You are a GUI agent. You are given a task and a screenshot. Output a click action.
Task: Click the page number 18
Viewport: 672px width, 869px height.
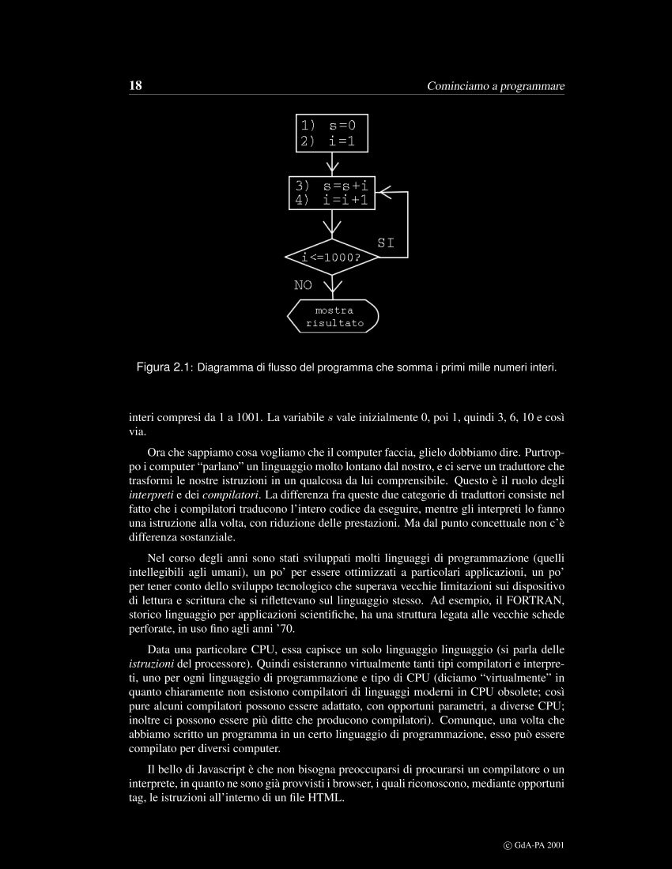coord(134,85)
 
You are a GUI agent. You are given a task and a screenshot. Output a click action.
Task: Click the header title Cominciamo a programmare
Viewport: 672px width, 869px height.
coord(496,85)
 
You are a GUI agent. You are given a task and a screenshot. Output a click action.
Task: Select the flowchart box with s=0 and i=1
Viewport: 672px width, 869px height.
coord(333,134)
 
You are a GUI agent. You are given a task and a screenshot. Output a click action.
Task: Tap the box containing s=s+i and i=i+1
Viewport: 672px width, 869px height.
coord(333,193)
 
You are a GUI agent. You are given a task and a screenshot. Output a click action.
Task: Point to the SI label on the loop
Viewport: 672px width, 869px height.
coord(385,243)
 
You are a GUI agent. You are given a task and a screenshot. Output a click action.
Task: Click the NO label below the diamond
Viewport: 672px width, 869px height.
coord(303,285)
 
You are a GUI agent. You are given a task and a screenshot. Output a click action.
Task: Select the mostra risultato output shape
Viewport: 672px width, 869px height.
coord(333,316)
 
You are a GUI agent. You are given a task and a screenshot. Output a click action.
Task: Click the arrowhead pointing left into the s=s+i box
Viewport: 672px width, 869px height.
coord(386,192)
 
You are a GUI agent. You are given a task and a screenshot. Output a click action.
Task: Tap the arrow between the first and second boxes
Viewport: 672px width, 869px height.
coord(333,164)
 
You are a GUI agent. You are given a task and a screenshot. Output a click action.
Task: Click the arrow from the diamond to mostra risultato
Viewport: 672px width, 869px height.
coord(333,285)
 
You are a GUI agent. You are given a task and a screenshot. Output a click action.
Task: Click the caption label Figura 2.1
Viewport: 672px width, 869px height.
coord(165,367)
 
